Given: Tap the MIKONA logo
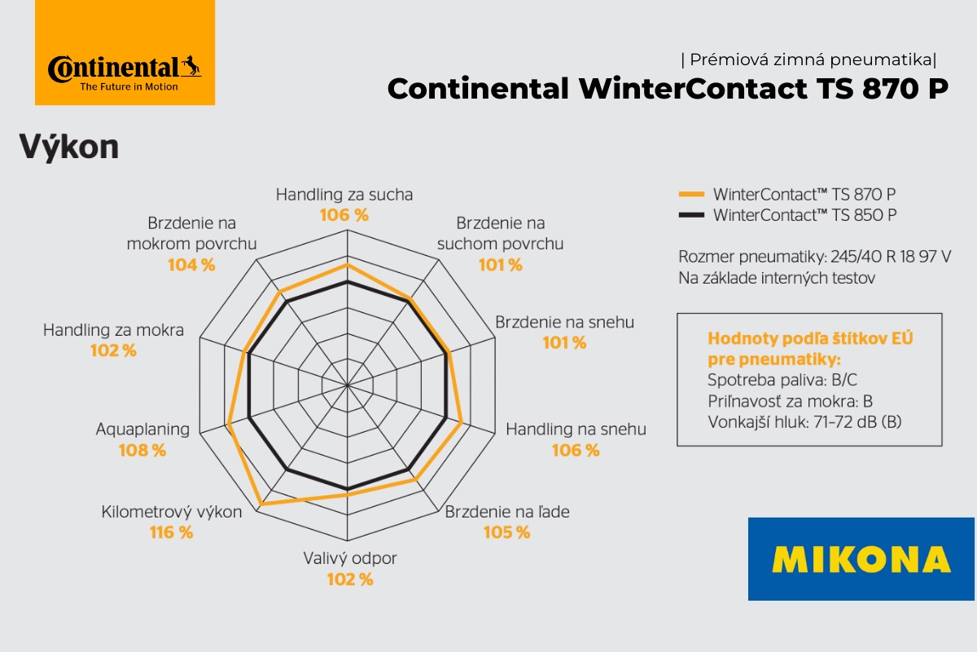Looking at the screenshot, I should [x=861, y=559].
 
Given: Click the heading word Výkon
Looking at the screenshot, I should [x=69, y=147].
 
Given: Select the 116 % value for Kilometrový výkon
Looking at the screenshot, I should [x=172, y=532].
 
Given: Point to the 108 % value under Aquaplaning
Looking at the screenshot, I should [x=142, y=450].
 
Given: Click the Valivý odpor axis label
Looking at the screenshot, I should [x=350, y=559].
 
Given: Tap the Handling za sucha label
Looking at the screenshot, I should [x=344, y=195].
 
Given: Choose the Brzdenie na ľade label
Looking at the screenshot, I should [x=507, y=512].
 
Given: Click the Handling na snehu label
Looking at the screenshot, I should [x=576, y=430].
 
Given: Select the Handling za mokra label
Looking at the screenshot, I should [x=113, y=331].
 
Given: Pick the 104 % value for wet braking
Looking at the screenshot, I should [x=191, y=264].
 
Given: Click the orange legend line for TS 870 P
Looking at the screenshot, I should [x=690, y=195].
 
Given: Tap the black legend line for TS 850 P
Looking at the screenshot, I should [x=690, y=215].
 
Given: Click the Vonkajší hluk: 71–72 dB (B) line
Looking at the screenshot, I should [x=805, y=422].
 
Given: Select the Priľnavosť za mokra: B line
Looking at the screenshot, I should [x=791, y=401].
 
